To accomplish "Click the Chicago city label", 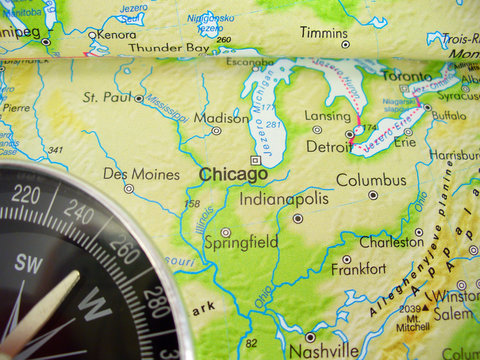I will pos(233,174).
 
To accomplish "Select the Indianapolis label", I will pos(284,198).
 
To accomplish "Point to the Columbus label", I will pos(371,180).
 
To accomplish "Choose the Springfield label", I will pos(241,242).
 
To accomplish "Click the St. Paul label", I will pos(106,97).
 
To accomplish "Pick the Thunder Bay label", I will pos(168,47).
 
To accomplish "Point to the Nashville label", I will pos(323,351).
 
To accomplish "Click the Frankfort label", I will pos(358,269).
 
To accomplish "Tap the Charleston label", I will pos(391,242).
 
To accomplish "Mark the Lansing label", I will pos(328,116).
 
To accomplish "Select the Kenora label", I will pos(116,35).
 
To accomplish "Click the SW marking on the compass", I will pos(29,263).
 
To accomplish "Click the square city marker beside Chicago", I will pos(255,159).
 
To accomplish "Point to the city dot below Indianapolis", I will pos(298,217).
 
